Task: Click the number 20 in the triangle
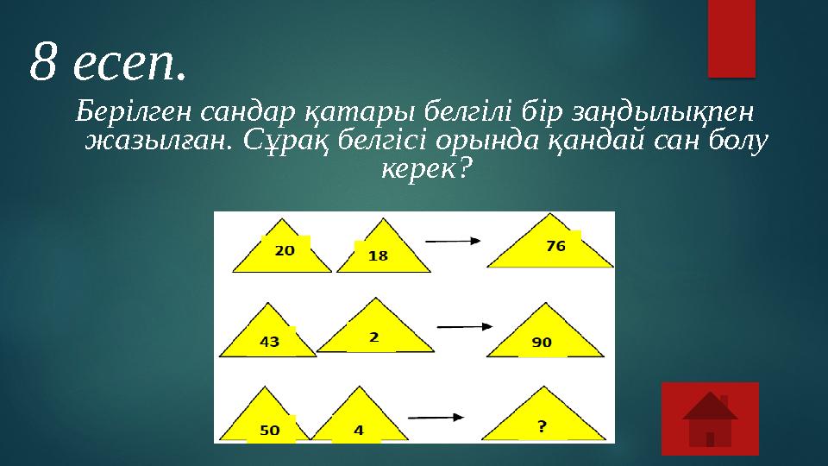coord(285,251)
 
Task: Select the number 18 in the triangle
coord(378,255)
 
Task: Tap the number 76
coord(555,246)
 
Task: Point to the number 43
coord(269,342)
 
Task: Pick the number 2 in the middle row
coord(373,337)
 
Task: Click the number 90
coord(541,343)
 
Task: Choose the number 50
coord(269,430)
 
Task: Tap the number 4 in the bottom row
coord(358,429)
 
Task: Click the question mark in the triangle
coord(541,426)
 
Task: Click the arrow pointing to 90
coord(465,326)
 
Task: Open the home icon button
coord(710,419)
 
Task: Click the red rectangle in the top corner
coord(731,37)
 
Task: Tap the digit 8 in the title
coord(43,62)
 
